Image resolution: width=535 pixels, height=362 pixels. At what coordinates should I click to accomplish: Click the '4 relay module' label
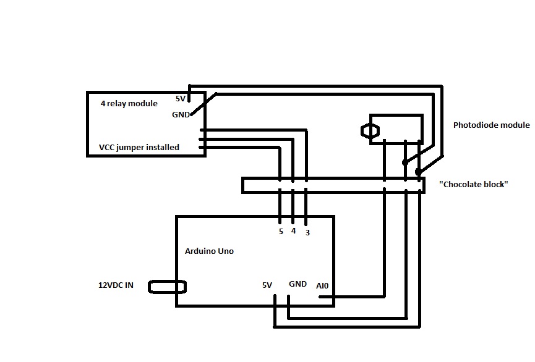(x=129, y=104)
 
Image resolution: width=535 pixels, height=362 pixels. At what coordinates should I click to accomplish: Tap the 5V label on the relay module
(x=181, y=99)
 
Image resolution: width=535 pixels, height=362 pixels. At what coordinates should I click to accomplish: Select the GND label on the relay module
(x=181, y=114)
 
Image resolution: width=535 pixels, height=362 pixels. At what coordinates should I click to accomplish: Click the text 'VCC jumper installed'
(x=139, y=147)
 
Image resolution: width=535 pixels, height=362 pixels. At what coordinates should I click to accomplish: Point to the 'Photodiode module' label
(x=491, y=125)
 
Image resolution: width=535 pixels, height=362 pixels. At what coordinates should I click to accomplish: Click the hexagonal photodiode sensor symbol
(x=369, y=131)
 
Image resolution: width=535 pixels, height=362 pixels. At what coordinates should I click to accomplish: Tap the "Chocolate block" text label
(x=473, y=184)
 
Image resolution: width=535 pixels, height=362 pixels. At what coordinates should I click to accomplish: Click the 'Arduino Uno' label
(x=209, y=251)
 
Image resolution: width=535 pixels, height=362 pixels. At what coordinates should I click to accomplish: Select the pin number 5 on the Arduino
(x=281, y=232)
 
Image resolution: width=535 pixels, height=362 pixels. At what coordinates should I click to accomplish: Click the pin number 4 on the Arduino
(x=293, y=231)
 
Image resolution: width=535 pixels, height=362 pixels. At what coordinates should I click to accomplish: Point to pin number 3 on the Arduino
(x=307, y=232)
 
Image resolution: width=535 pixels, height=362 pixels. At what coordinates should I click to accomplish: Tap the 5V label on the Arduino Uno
(x=267, y=285)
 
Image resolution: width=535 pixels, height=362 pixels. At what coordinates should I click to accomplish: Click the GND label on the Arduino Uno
(x=297, y=284)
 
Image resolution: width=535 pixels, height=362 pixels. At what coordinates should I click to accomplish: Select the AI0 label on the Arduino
(x=323, y=285)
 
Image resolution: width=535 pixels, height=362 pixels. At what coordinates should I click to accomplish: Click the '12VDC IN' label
(x=116, y=285)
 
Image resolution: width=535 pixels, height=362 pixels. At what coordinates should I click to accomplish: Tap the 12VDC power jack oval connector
(x=168, y=287)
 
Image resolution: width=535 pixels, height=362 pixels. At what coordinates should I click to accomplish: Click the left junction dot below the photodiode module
(x=404, y=163)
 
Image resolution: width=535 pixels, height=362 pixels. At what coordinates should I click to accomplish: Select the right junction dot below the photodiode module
(x=419, y=171)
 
